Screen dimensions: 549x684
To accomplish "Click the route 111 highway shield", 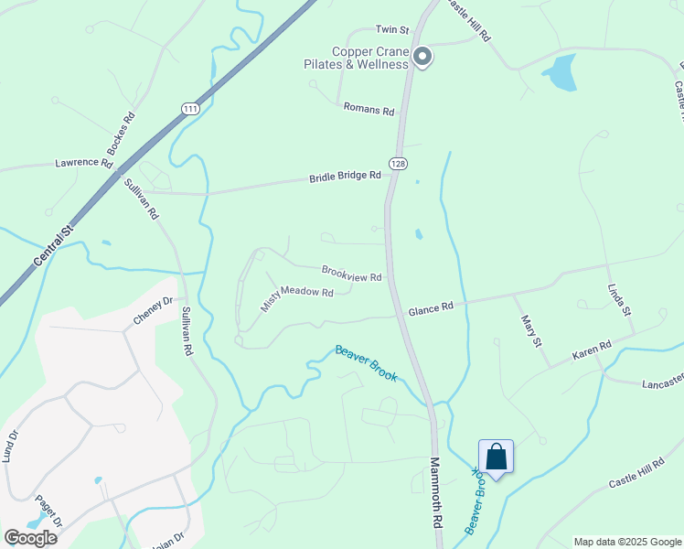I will point(190,108).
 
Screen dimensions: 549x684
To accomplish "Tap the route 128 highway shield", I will point(398,163).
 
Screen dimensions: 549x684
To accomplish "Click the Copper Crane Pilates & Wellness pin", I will point(422,58).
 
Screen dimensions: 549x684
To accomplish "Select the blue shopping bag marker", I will point(496,457).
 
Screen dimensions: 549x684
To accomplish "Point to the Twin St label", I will point(391,30).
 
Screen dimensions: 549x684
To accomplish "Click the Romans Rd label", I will point(369,110).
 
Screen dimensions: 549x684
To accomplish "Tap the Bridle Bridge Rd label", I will point(345,176).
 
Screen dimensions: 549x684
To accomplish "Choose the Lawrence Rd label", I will point(83,163).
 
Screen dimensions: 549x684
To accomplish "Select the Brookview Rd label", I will point(351,274).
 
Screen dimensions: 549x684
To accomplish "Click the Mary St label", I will point(531,330).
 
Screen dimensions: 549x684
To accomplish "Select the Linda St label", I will point(620,300).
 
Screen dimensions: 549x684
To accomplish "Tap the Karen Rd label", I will point(592,350).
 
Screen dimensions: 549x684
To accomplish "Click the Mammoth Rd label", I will point(435,493).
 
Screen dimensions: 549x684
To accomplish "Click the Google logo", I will point(31,538).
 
